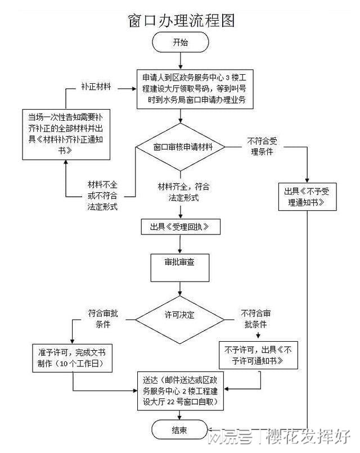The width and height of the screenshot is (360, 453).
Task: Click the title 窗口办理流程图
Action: point(181,20)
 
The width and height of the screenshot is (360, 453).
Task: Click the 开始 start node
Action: point(180,43)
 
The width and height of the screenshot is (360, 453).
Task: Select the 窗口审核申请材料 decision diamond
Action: point(180,147)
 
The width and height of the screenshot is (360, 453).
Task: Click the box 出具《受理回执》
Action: point(180,226)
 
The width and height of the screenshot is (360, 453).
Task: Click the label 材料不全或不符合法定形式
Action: point(102,196)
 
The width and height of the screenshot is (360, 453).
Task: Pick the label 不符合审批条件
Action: point(256,319)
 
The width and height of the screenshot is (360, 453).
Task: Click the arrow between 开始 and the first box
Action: point(180,60)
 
